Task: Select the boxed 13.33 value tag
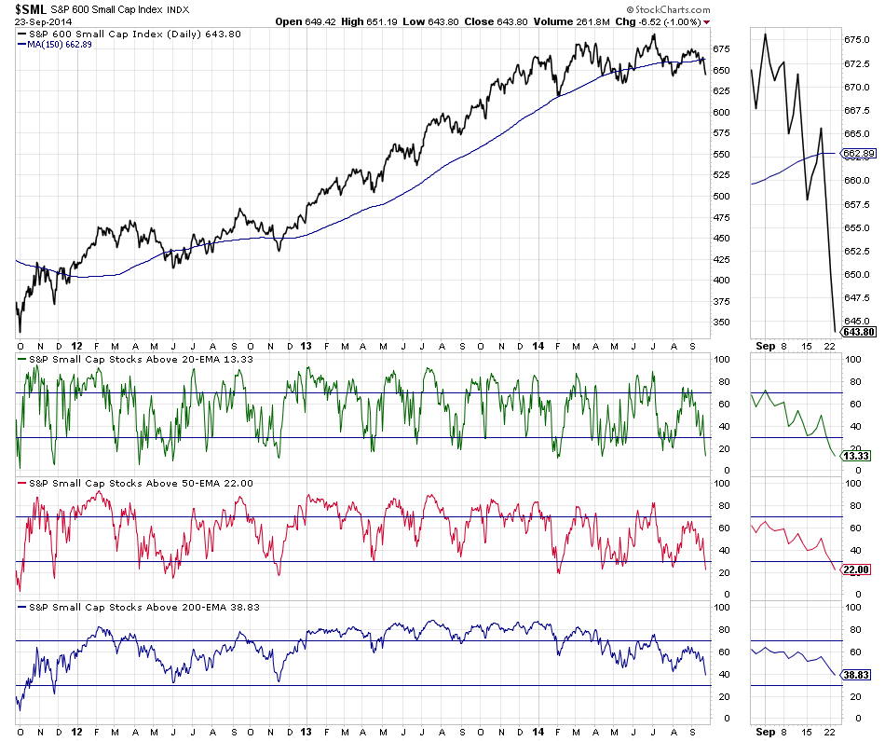(x=855, y=456)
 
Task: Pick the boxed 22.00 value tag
(x=855, y=570)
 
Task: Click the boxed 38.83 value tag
(x=855, y=673)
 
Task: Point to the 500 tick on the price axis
(x=722, y=196)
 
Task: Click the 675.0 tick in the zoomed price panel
(x=856, y=39)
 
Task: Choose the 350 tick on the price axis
(x=722, y=322)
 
